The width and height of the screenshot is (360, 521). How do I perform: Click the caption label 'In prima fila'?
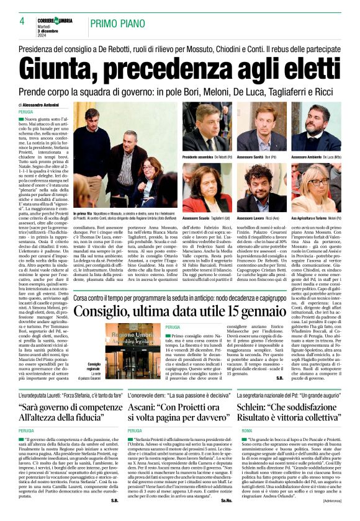tap(83, 213)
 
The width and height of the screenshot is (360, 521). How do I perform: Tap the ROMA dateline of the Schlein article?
tap(246, 448)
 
